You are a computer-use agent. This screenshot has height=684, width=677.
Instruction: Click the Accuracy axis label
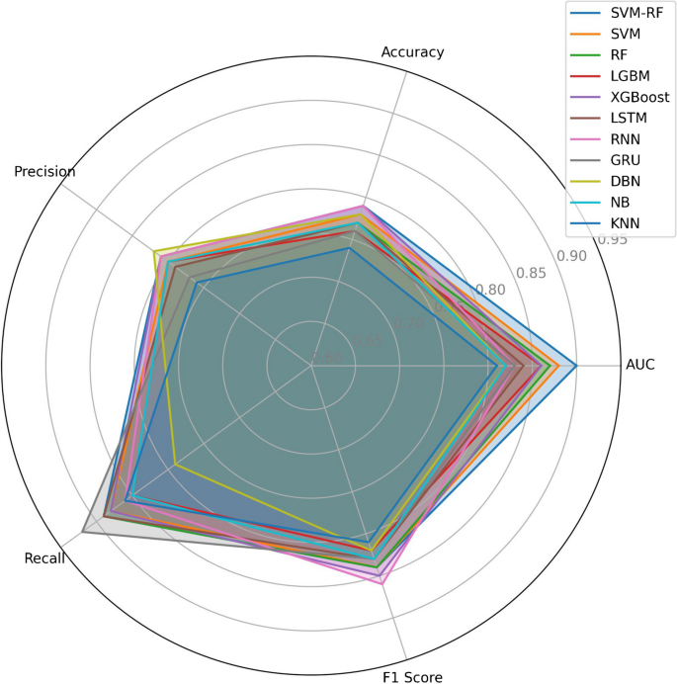tap(412, 51)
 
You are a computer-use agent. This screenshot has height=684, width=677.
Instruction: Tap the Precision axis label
tap(44, 172)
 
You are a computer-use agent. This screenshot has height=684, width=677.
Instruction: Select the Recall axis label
tap(44, 558)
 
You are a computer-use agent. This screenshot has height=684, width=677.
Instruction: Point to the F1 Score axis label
tap(412, 677)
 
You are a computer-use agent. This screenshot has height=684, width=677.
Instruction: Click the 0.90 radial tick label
tap(570, 256)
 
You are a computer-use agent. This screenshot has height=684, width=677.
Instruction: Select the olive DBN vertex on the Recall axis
tap(175, 464)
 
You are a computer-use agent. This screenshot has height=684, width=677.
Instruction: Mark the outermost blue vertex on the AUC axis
tap(576, 364)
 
